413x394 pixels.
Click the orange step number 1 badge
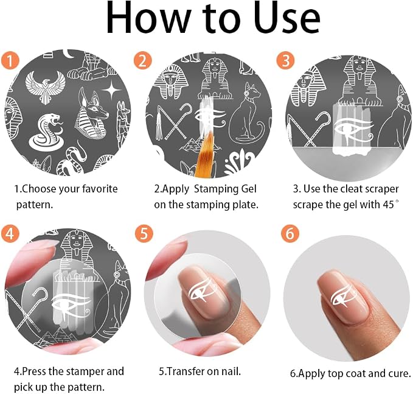(10, 60)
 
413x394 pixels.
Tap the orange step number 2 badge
(142, 60)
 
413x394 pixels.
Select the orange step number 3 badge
(285, 60)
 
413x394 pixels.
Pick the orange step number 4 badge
(10, 234)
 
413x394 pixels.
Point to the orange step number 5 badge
(144, 234)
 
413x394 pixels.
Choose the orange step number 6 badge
(290, 234)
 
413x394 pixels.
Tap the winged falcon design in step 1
(45, 88)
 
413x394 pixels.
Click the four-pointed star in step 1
(112, 90)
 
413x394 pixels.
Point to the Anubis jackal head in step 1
(91, 113)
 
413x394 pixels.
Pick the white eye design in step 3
(353, 130)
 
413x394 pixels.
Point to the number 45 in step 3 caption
(388, 205)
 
